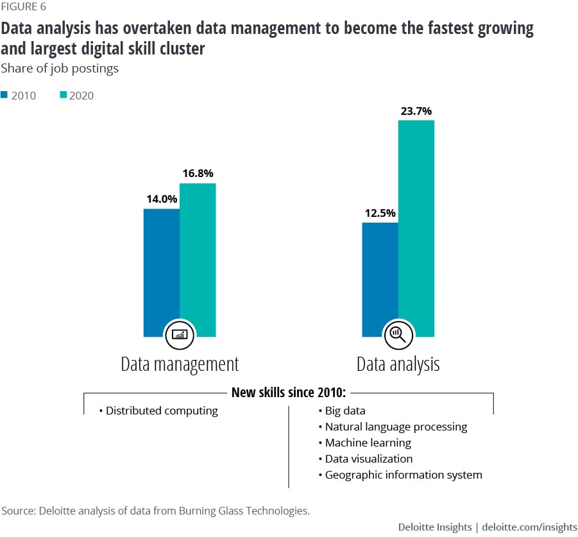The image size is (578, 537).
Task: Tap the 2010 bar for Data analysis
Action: pos(380,276)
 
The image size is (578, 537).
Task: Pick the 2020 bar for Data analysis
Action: pos(416,225)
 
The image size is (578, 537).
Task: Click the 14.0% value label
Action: pos(161,199)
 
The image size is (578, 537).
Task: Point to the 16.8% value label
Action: pos(198,173)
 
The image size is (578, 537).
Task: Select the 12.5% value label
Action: pos(380,213)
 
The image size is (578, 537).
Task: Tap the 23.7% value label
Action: pos(416,110)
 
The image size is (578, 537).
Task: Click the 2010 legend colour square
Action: pos(4,95)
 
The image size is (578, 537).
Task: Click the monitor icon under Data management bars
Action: pos(179,334)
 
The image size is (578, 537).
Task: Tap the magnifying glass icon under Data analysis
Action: pos(398,334)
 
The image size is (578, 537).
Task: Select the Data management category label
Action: pos(180,364)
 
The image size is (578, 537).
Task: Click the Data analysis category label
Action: pos(398,364)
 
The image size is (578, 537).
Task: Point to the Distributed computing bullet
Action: pos(158,411)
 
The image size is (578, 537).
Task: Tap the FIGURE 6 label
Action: pos(24,8)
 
